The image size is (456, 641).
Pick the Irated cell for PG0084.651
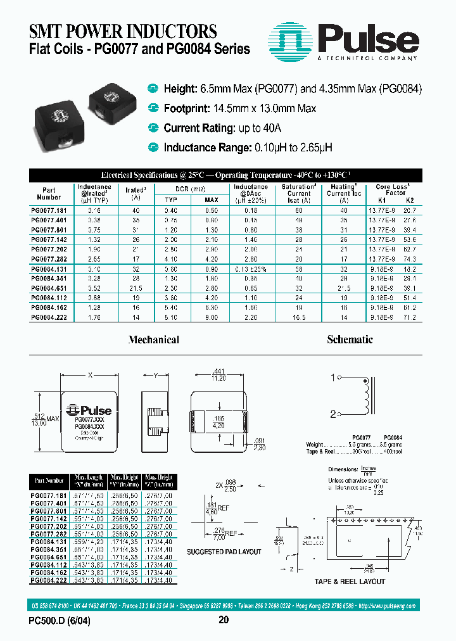point(134,288)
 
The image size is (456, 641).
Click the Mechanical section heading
point(153,340)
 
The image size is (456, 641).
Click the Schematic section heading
point(350,340)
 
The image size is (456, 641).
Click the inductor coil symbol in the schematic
point(365,396)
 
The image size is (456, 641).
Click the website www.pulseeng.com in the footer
point(391,606)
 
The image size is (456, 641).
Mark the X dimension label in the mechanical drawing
point(90,376)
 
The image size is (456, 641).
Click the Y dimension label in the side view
point(156,376)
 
